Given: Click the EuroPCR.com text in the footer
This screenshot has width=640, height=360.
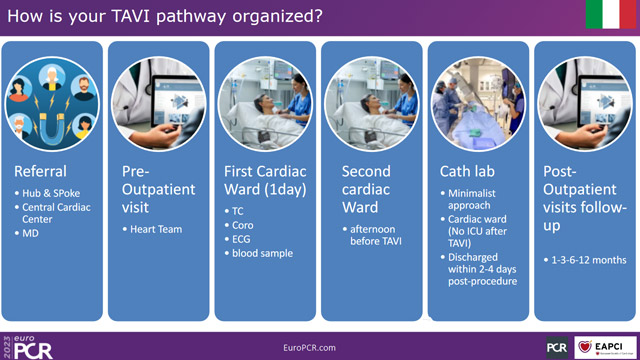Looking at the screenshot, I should tap(320, 346).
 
